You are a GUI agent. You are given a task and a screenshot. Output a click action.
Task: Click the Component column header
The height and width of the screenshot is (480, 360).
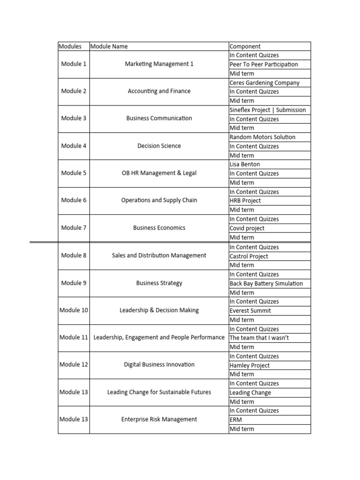245,46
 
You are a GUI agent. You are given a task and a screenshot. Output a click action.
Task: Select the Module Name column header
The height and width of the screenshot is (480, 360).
109,46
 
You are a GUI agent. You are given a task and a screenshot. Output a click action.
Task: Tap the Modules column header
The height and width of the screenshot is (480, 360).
70,46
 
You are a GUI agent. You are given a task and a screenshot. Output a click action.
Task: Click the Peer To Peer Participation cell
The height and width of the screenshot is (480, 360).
263,64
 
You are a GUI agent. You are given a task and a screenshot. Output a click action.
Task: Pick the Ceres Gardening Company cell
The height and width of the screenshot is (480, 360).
264,82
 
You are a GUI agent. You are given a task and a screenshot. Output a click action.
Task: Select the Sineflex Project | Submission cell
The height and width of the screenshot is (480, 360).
267,110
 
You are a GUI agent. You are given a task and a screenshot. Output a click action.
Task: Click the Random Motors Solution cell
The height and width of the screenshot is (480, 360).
262,137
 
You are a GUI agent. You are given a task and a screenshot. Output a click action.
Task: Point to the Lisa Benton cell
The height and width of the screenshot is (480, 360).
245,164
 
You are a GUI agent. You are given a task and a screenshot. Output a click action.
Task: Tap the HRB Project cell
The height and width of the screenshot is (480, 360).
245,201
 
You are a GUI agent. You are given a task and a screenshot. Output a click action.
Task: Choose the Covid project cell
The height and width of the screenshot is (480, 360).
247,228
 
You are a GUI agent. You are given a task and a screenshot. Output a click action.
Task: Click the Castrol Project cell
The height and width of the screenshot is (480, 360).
248,256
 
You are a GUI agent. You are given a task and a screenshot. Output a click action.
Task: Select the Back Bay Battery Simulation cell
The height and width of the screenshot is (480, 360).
266,283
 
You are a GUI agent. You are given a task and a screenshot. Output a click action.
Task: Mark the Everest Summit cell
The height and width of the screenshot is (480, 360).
250,310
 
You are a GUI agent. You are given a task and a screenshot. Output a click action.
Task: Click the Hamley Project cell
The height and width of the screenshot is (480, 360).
250,365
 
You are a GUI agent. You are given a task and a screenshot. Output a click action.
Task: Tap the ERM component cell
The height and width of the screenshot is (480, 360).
236,420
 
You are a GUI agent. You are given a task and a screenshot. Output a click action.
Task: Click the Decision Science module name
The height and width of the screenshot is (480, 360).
159,146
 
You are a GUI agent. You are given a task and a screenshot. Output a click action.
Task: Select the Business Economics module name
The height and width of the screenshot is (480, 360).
159,228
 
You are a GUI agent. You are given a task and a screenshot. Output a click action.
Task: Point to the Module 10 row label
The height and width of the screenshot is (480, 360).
74,310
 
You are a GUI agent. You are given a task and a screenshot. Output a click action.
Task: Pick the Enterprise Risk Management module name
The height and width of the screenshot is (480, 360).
159,420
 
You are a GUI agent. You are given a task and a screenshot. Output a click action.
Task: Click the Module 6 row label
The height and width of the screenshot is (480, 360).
74,200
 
